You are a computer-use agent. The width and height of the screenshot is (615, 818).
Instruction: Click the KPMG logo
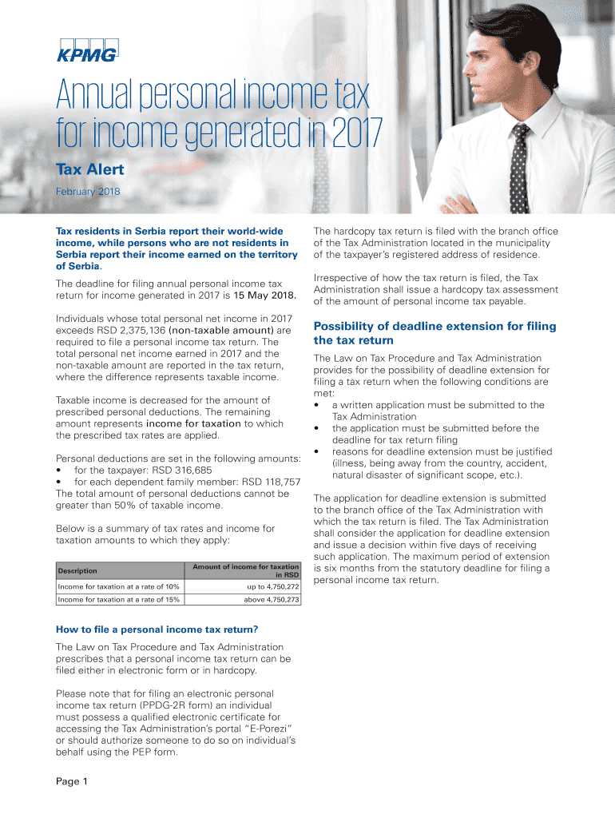pos(86,49)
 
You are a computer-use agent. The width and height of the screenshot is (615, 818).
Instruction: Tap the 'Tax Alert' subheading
pos(89,170)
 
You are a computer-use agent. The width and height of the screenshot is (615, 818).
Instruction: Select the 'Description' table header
pos(77,570)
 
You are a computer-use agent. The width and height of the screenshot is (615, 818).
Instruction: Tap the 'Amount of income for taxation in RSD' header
pos(245,570)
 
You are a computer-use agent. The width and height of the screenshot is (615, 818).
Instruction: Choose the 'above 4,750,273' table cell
pos(272,600)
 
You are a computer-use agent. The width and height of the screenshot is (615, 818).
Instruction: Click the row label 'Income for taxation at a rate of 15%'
pos(118,600)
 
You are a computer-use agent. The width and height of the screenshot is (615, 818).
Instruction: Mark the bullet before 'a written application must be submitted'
pos(319,405)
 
